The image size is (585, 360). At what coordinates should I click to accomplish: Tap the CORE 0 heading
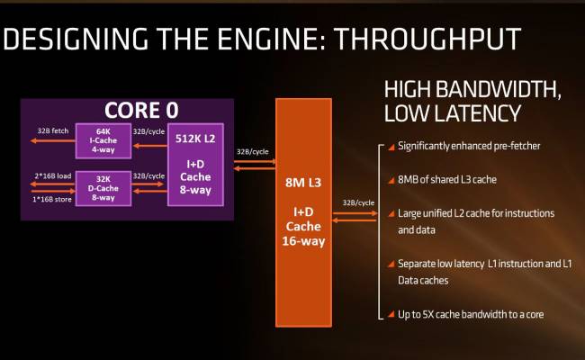tap(140, 111)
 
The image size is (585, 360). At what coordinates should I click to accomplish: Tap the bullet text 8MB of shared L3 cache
tap(448, 180)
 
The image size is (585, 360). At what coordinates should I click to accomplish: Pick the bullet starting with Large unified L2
tap(475, 213)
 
